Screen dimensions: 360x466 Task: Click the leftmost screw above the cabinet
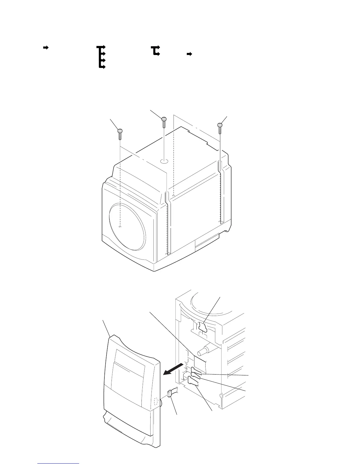click(x=120, y=134)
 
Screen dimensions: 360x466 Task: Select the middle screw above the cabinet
click(x=164, y=122)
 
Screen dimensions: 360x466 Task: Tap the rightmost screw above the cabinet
click(x=220, y=128)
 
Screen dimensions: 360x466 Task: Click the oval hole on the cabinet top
click(x=164, y=162)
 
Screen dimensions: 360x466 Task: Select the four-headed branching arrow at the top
click(x=101, y=57)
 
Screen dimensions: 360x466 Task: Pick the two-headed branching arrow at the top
click(x=155, y=51)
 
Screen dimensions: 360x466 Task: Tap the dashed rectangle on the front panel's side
click(x=156, y=401)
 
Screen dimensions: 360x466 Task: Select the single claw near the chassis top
click(x=202, y=327)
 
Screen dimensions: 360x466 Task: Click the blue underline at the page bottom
click(x=58, y=464)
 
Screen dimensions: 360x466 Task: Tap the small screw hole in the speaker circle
click(x=120, y=227)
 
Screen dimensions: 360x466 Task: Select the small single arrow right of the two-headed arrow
click(x=189, y=54)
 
